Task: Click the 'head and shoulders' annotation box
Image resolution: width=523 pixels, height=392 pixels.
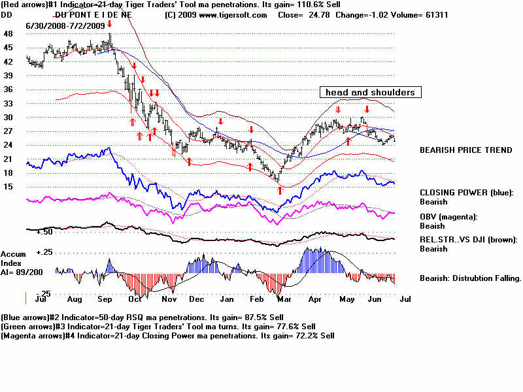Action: [x=370, y=92]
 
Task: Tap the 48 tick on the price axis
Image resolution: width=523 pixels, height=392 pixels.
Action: [x=8, y=33]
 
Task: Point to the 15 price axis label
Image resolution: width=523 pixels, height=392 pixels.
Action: [x=8, y=187]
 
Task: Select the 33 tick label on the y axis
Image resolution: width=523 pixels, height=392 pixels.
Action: [x=8, y=103]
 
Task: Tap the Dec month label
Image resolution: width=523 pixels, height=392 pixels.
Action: [x=196, y=299]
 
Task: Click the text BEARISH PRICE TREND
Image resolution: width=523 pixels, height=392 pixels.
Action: [x=465, y=150]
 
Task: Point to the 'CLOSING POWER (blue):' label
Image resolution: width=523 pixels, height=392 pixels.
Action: [x=467, y=193]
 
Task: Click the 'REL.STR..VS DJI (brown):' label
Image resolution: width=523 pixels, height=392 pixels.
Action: [x=468, y=240]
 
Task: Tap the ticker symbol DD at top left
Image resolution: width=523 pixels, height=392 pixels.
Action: [x=8, y=14]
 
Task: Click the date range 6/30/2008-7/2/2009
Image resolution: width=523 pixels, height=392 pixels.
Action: [x=66, y=24]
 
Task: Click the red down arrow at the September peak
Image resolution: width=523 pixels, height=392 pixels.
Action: [x=110, y=24]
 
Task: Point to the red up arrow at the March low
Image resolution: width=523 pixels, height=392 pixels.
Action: [x=280, y=189]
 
